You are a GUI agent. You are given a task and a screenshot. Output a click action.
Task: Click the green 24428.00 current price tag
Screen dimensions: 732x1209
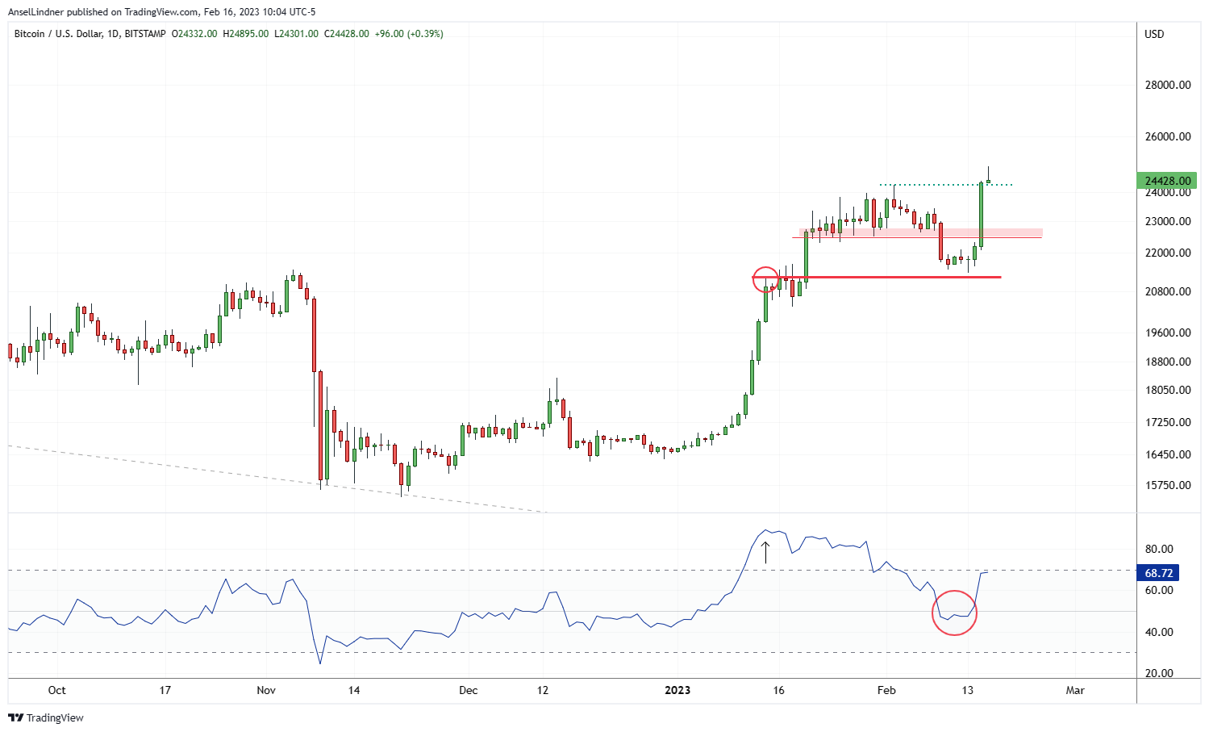tap(1167, 181)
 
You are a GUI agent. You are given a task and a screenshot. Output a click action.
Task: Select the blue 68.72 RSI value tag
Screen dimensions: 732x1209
tap(1158, 573)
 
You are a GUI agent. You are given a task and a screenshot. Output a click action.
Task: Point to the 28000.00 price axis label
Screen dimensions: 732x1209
tap(1168, 86)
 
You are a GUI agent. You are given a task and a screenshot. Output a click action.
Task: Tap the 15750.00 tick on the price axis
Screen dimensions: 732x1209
tap(1168, 485)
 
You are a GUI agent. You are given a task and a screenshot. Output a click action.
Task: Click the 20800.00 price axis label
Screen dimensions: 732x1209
tap(1168, 291)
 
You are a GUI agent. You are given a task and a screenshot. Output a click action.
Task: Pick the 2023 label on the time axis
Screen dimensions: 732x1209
tap(677, 690)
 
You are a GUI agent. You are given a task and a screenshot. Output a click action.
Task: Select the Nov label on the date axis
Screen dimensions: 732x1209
tap(266, 690)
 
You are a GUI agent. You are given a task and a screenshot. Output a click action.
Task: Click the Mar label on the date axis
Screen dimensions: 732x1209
tap(1074, 690)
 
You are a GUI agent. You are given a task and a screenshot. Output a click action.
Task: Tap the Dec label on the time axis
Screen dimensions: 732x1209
tap(468, 690)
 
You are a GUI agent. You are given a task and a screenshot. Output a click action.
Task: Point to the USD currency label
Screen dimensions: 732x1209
tap(1154, 34)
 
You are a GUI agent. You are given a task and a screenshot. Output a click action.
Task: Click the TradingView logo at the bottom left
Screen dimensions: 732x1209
tap(46, 717)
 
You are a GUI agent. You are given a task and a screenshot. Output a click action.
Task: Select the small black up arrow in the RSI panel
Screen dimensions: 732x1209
tap(765, 552)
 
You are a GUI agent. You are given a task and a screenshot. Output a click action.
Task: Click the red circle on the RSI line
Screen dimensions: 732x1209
tap(954, 613)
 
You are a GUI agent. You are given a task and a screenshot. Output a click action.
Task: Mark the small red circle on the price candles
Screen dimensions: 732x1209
tap(765, 279)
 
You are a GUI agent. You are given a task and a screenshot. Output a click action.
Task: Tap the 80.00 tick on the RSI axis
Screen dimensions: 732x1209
tap(1159, 549)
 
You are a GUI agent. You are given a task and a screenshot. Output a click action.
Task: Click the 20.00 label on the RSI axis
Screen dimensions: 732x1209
tap(1159, 673)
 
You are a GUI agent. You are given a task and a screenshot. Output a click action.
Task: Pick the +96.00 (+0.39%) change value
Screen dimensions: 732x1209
tap(409, 34)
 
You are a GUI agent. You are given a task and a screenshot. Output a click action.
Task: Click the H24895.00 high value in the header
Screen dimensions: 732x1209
tap(246, 34)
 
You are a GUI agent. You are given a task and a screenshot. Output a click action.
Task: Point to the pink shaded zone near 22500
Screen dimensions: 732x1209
tap(920, 232)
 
